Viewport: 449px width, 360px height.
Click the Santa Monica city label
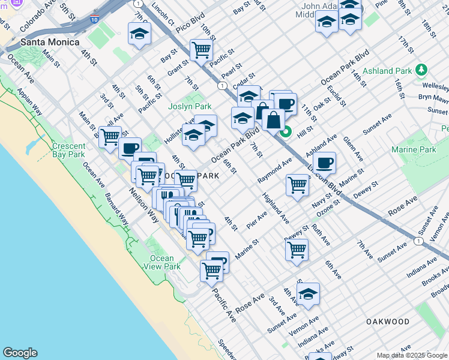coord(50,43)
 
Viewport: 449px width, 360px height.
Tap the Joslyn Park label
coord(193,106)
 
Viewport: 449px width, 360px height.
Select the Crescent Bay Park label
coord(68,150)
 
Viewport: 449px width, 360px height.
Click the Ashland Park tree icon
coord(421,71)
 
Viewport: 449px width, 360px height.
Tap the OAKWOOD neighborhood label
coord(388,322)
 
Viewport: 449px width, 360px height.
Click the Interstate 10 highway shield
coord(95,19)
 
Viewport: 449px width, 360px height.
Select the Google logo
coord(20,353)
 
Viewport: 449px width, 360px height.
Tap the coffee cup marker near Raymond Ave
coord(325,163)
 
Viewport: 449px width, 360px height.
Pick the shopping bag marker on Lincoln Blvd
coord(273,119)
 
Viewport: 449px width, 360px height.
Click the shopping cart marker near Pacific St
coord(201,50)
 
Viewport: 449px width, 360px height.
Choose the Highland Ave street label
coord(274,204)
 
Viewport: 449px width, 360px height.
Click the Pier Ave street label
coord(257,216)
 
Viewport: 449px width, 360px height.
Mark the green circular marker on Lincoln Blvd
coord(286,132)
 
